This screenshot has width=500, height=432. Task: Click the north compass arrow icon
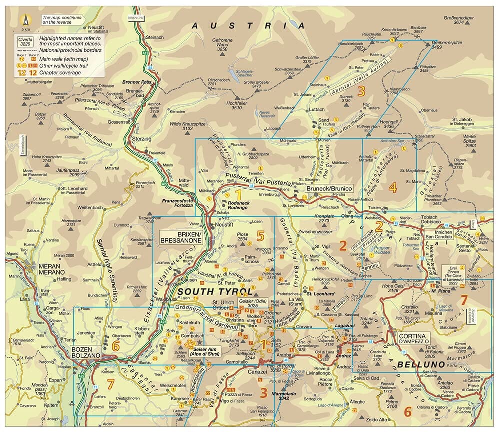(x=25, y=20)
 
